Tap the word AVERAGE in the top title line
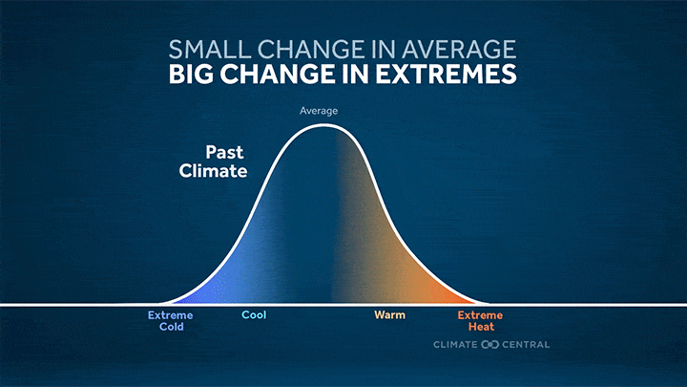(459, 49)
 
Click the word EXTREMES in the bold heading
(446, 74)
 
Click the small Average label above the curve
(319, 111)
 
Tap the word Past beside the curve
(224, 152)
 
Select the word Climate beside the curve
(213, 171)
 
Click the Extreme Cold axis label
(171, 321)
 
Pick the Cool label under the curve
(254, 315)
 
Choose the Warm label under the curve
(389, 315)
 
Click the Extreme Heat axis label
(480, 321)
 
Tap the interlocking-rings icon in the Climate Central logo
(489, 345)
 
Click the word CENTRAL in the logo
(526, 345)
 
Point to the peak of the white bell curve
(323, 125)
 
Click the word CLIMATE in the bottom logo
(455, 345)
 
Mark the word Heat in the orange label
(481, 327)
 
